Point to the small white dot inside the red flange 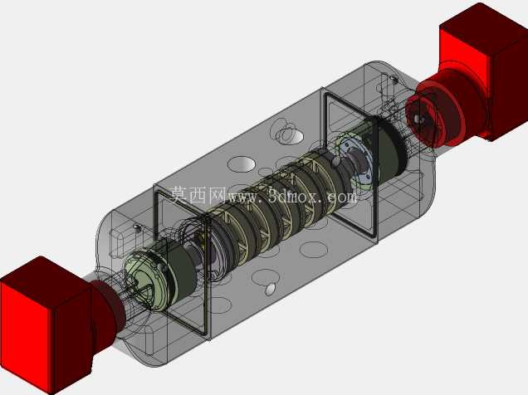[418, 119]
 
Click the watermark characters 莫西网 [198, 195]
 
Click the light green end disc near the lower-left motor [145, 276]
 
